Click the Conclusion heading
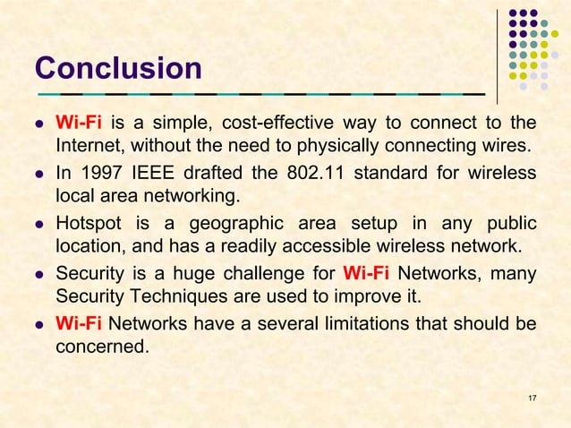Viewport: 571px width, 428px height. pos(118,68)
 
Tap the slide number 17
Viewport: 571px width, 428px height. pos(533,397)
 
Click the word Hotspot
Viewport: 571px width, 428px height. pos(89,222)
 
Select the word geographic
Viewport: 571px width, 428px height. pos(238,222)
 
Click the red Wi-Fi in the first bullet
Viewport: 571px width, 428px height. pos(79,122)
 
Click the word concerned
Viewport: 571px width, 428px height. pos(101,346)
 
